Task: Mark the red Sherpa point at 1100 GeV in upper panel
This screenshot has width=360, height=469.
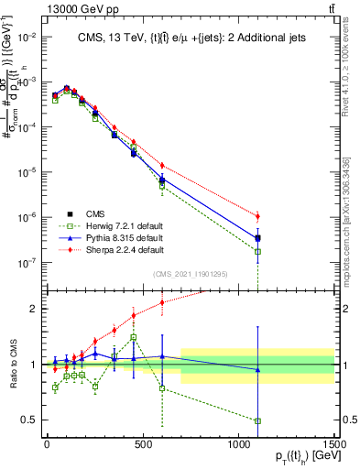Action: pos(258,216)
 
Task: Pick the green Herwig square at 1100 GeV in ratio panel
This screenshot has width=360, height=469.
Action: pos(258,420)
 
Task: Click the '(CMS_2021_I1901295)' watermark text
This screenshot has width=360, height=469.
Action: pos(197,272)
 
